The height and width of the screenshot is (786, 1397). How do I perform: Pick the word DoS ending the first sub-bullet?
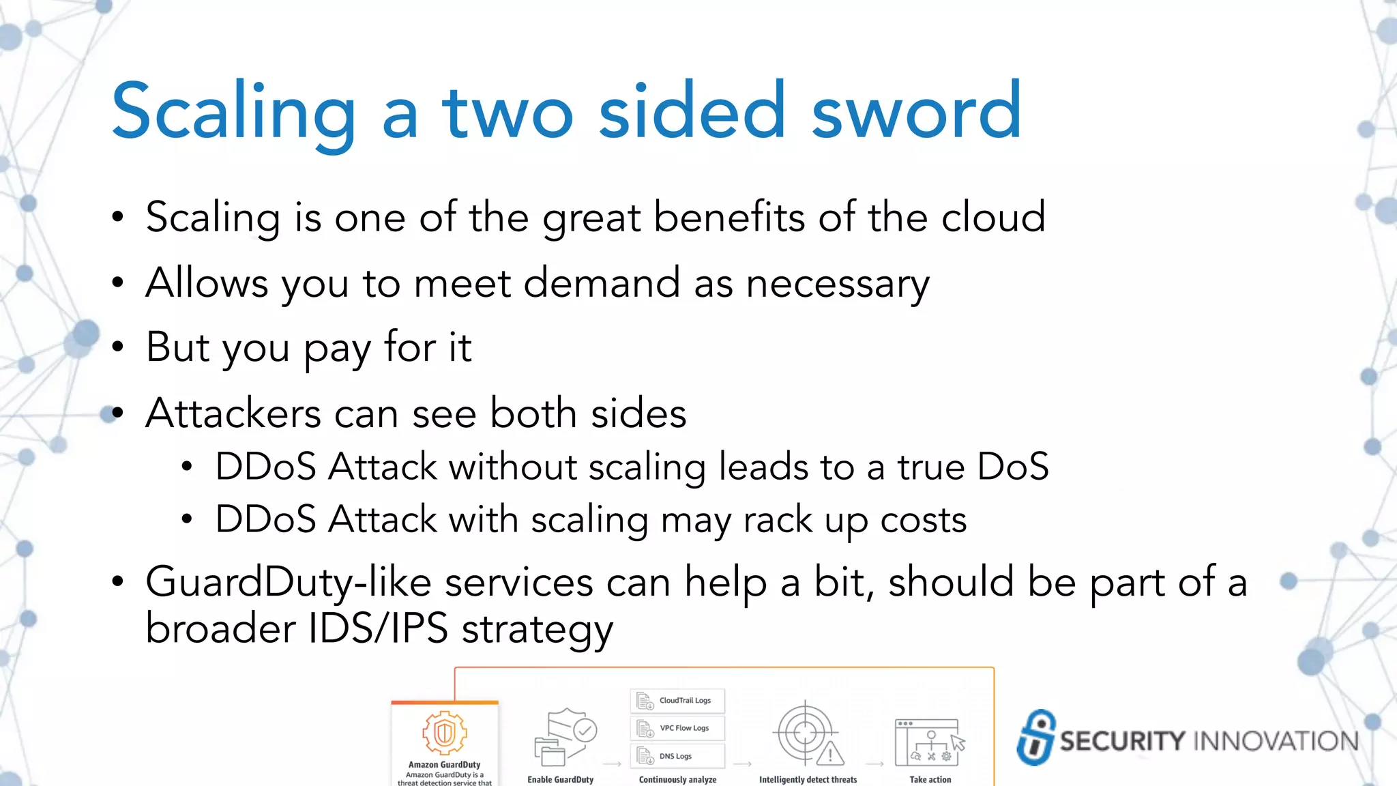tap(1012, 467)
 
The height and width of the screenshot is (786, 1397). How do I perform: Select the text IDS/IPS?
tap(378, 628)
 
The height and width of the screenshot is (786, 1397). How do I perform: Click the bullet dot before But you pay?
tap(118, 347)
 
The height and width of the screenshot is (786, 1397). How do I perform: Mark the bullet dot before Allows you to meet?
tap(118, 282)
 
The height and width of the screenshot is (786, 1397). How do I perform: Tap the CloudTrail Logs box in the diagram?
tap(677, 701)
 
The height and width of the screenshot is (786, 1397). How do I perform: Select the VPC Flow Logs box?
tap(677, 728)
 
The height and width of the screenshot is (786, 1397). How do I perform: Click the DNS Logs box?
tap(677, 756)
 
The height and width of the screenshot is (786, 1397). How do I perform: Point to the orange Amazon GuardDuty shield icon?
tap(444, 733)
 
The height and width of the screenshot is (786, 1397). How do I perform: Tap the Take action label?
tap(930, 779)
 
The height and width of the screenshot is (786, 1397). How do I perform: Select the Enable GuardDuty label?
tap(560, 779)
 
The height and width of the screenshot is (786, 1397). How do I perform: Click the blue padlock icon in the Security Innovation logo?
tap(1035, 738)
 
